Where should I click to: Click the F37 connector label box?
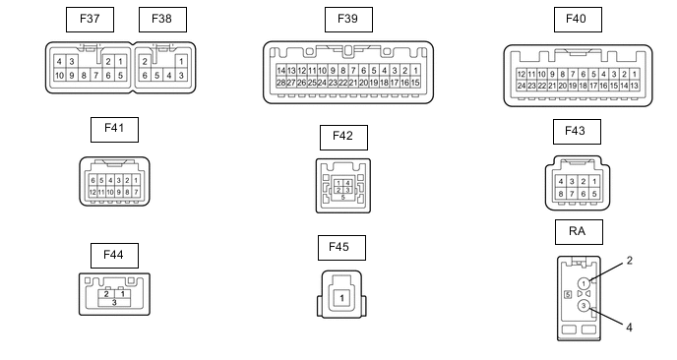(90, 20)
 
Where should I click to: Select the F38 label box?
(162, 20)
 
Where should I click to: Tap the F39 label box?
(348, 20)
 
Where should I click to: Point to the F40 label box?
(578, 20)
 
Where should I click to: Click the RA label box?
(579, 232)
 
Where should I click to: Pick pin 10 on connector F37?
(59, 76)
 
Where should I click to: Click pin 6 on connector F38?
(145, 76)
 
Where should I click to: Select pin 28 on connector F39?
(281, 83)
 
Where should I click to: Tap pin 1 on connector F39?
(415, 71)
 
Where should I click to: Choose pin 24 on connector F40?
(522, 86)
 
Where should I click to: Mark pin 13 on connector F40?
(635, 86)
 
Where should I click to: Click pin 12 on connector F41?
(92, 192)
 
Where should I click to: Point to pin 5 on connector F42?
(342, 198)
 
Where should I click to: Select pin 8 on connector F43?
(561, 194)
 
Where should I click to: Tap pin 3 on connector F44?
(114, 303)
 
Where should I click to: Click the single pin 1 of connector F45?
(341, 298)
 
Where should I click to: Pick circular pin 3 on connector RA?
(584, 306)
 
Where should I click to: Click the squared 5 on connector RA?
(568, 294)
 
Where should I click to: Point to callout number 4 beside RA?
(629, 328)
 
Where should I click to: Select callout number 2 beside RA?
(629, 261)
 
